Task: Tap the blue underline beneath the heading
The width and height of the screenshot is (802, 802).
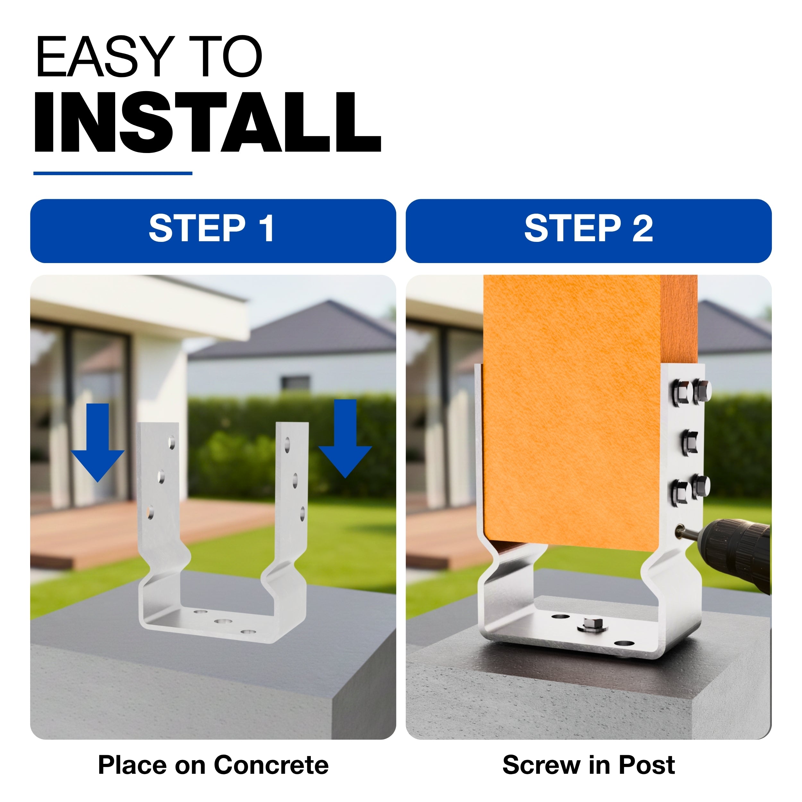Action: coord(113,173)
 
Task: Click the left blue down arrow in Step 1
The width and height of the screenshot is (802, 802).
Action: coord(98,442)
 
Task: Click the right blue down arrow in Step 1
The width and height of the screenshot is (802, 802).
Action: coord(345,438)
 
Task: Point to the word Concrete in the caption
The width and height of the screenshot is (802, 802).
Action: coord(271,765)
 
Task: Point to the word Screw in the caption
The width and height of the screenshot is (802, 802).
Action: coord(541,765)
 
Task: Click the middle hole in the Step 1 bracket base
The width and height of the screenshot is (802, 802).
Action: coord(223,622)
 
